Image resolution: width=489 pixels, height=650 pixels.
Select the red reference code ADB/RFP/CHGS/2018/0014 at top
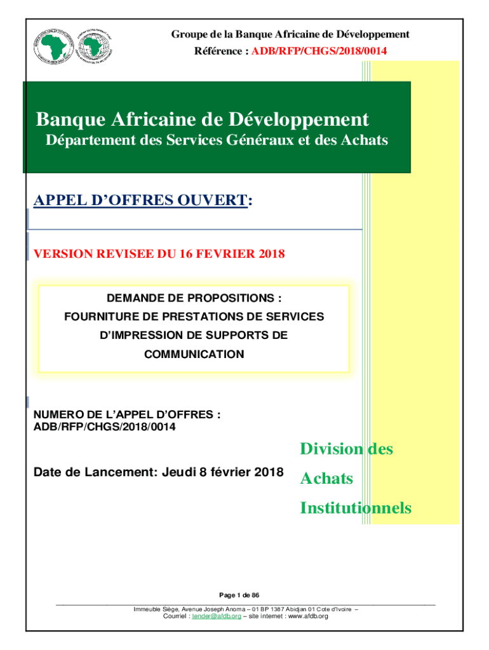316,50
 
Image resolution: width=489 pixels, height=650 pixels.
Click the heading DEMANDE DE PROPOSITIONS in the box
194,298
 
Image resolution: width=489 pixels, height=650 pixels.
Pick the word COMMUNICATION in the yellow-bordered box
194,354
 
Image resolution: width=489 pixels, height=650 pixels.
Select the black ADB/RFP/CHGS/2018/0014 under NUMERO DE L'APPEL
105,427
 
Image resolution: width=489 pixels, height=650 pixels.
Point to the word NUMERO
55,415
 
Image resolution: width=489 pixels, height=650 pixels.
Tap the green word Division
331,449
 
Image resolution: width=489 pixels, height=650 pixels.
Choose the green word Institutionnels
355,508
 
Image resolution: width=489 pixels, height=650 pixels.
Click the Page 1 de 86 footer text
239,595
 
